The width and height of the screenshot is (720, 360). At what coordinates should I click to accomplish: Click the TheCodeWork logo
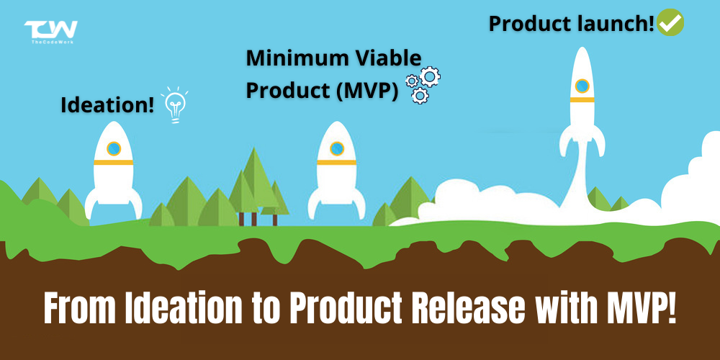50,32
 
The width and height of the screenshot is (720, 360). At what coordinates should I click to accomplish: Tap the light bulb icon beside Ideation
174,104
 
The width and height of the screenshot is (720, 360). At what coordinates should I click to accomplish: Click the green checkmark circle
670,22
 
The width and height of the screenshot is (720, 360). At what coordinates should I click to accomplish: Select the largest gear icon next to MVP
430,77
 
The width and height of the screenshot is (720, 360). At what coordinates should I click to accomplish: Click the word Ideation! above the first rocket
107,105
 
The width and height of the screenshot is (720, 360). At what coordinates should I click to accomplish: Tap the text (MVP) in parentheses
365,90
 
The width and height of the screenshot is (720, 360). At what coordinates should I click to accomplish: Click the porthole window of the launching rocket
582,86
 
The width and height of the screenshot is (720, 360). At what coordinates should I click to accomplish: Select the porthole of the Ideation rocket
114,149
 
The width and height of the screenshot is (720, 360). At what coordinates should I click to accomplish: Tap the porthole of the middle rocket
336,149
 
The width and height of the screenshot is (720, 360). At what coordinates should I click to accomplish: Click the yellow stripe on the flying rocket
582,99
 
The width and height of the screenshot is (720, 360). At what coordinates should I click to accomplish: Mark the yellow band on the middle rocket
336,163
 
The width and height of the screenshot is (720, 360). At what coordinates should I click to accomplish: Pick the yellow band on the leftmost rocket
114,163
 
